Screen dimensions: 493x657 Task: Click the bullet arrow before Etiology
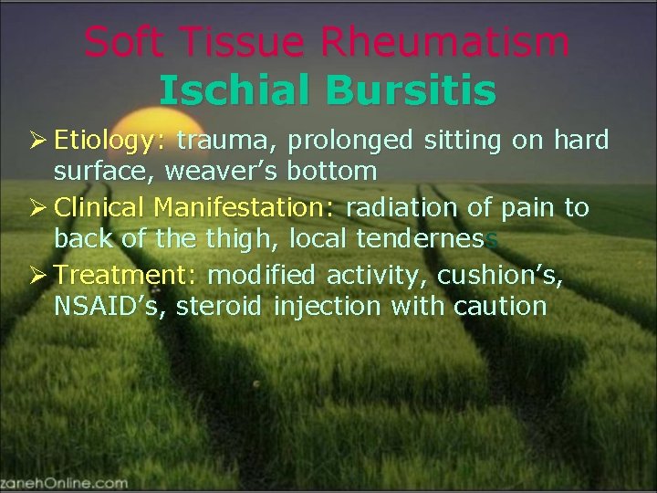coord(38,142)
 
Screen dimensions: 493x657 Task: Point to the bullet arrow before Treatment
coord(38,276)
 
